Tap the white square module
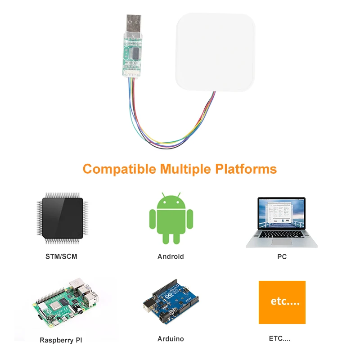click(215, 52)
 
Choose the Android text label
click(171, 256)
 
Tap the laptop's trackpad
click(282, 242)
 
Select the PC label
click(282, 257)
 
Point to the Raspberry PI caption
click(61, 340)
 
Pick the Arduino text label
click(171, 338)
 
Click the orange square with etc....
click(282, 302)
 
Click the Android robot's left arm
click(152, 220)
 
